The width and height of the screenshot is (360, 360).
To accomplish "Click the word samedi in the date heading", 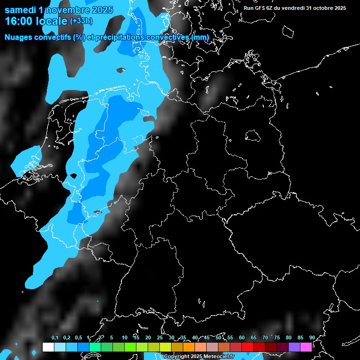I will point(21,10).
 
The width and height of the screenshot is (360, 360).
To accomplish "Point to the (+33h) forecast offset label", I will point(81,21).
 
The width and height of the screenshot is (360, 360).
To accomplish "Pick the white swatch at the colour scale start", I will point(48,347).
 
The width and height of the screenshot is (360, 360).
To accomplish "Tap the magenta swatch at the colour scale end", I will point(306,347).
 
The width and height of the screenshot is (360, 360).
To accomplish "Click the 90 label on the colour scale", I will point(312,338).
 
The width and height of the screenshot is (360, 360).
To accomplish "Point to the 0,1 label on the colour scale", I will point(54,338).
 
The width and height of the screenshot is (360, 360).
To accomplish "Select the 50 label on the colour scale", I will point(218,338).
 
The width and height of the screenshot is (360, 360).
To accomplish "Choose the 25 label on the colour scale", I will point(160,338).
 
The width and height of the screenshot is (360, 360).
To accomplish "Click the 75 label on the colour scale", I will point(277,338).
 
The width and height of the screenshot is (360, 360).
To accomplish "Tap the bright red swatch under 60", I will point(247,347).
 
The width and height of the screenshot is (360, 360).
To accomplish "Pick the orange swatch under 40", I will point(189,347).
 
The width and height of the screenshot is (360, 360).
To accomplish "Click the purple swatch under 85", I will point(294,347).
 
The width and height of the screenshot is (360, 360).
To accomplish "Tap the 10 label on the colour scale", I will point(125,338).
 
